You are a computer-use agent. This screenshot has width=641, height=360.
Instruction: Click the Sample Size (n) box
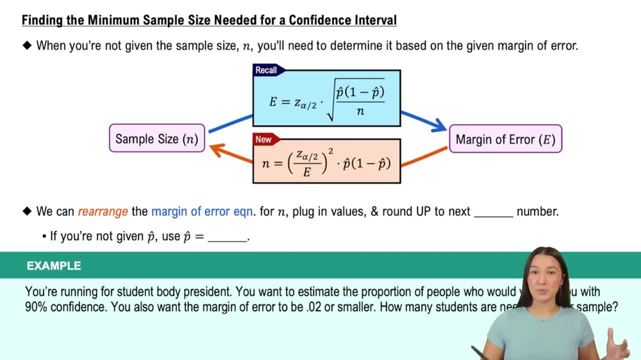point(157,138)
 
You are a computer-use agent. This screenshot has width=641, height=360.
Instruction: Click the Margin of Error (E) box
point(505,139)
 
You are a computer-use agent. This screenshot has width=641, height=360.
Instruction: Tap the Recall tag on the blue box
point(267,70)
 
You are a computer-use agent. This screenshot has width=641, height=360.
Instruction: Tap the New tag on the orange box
point(263,139)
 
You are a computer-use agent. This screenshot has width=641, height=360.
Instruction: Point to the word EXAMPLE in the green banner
point(54,266)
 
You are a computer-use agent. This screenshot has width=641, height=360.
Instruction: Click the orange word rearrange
point(103,211)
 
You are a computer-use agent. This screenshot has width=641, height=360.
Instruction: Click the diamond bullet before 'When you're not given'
point(27,45)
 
